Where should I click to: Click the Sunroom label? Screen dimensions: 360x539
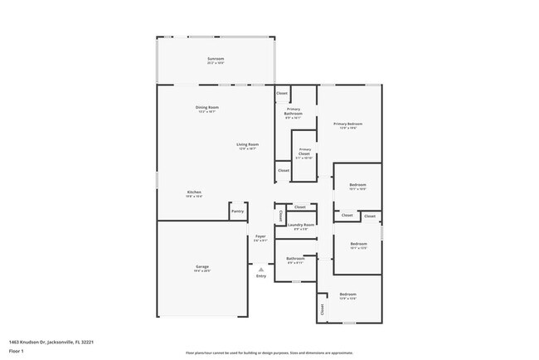point(216,59)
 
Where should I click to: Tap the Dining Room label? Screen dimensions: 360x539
point(206,108)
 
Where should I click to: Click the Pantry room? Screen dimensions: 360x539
point(237,212)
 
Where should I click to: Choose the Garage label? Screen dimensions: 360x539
point(202,267)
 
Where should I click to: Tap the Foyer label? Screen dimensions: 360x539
point(260,236)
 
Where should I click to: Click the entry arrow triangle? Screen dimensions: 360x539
point(260,269)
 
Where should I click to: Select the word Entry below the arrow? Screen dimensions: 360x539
point(260,276)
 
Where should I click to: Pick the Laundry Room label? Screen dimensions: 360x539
point(301,225)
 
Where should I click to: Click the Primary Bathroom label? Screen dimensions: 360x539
point(294,111)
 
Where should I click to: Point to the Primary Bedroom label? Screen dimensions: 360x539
point(348,124)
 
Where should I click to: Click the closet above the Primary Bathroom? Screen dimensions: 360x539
point(282,93)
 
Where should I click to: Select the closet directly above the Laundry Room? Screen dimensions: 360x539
point(300,207)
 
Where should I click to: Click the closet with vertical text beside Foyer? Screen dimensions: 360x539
point(280,216)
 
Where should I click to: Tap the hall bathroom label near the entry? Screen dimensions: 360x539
point(295,259)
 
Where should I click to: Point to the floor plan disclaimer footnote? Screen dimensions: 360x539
point(269,352)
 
